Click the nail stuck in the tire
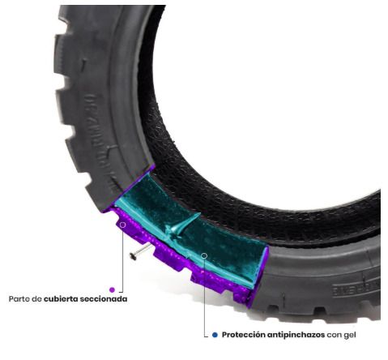click(x=140, y=251)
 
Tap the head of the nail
click(x=132, y=256)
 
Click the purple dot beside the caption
click(x=112, y=289)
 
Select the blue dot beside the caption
click(x=215, y=335)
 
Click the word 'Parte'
click(x=19, y=299)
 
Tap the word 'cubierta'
click(x=60, y=299)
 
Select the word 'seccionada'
click(x=103, y=299)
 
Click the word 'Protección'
click(x=244, y=335)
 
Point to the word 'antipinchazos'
click(x=296, y=335)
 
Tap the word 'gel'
click(x=350, y=336)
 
